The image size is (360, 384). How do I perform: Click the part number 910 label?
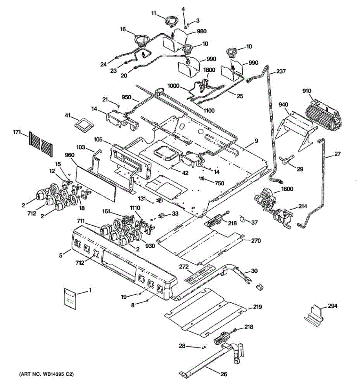click(x=307, y=91)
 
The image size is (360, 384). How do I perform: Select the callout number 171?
click(x=17, y=133)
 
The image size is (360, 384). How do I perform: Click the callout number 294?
click(x=332, y=306)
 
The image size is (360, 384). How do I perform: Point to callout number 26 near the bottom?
click(x=224, y=374)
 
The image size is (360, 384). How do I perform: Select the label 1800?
click(x=209, y=70)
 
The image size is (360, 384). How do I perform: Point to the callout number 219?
click(x=257, y=307)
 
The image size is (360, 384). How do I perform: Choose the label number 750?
click(x=219, y=183)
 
